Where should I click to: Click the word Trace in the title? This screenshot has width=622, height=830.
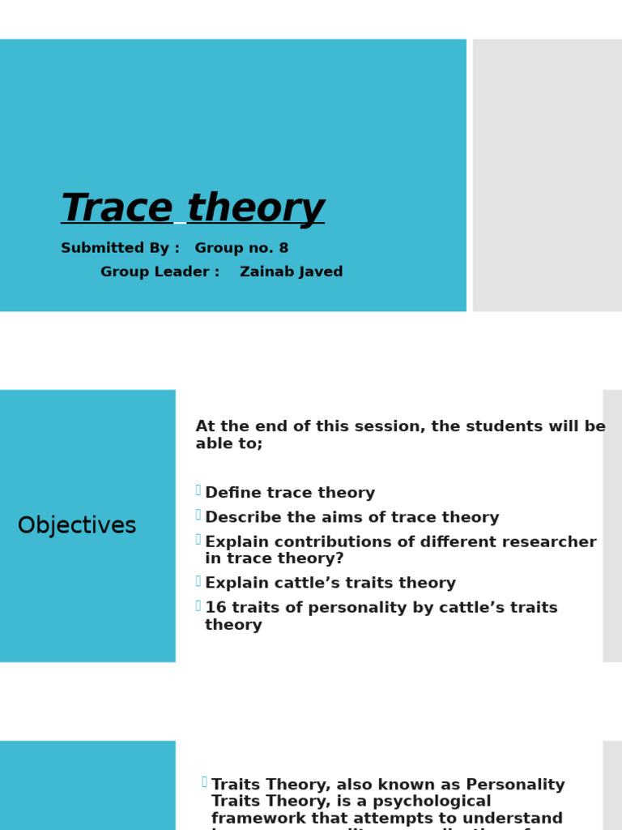(117, 208)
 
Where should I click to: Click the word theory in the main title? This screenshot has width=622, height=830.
(255, 208)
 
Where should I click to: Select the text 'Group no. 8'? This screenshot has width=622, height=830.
(241, 248)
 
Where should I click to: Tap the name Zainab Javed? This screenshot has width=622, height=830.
(292, 272)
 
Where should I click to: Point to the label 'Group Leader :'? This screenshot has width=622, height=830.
(160, 272)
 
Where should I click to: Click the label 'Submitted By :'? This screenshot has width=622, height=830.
(120, 248)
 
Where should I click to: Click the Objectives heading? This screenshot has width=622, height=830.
(77, 526)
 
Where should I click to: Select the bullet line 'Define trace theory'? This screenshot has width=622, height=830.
(290, 494)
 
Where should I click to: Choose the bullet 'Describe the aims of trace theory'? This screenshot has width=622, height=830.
(351, 518)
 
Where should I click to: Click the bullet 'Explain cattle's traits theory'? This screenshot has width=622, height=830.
(330, 584)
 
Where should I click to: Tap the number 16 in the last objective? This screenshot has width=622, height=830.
(215, 608)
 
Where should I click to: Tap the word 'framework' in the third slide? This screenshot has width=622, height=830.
(262, 819)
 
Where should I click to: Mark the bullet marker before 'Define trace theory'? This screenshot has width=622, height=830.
(198, 490)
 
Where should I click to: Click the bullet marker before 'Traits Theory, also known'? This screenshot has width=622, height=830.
(204, 781)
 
